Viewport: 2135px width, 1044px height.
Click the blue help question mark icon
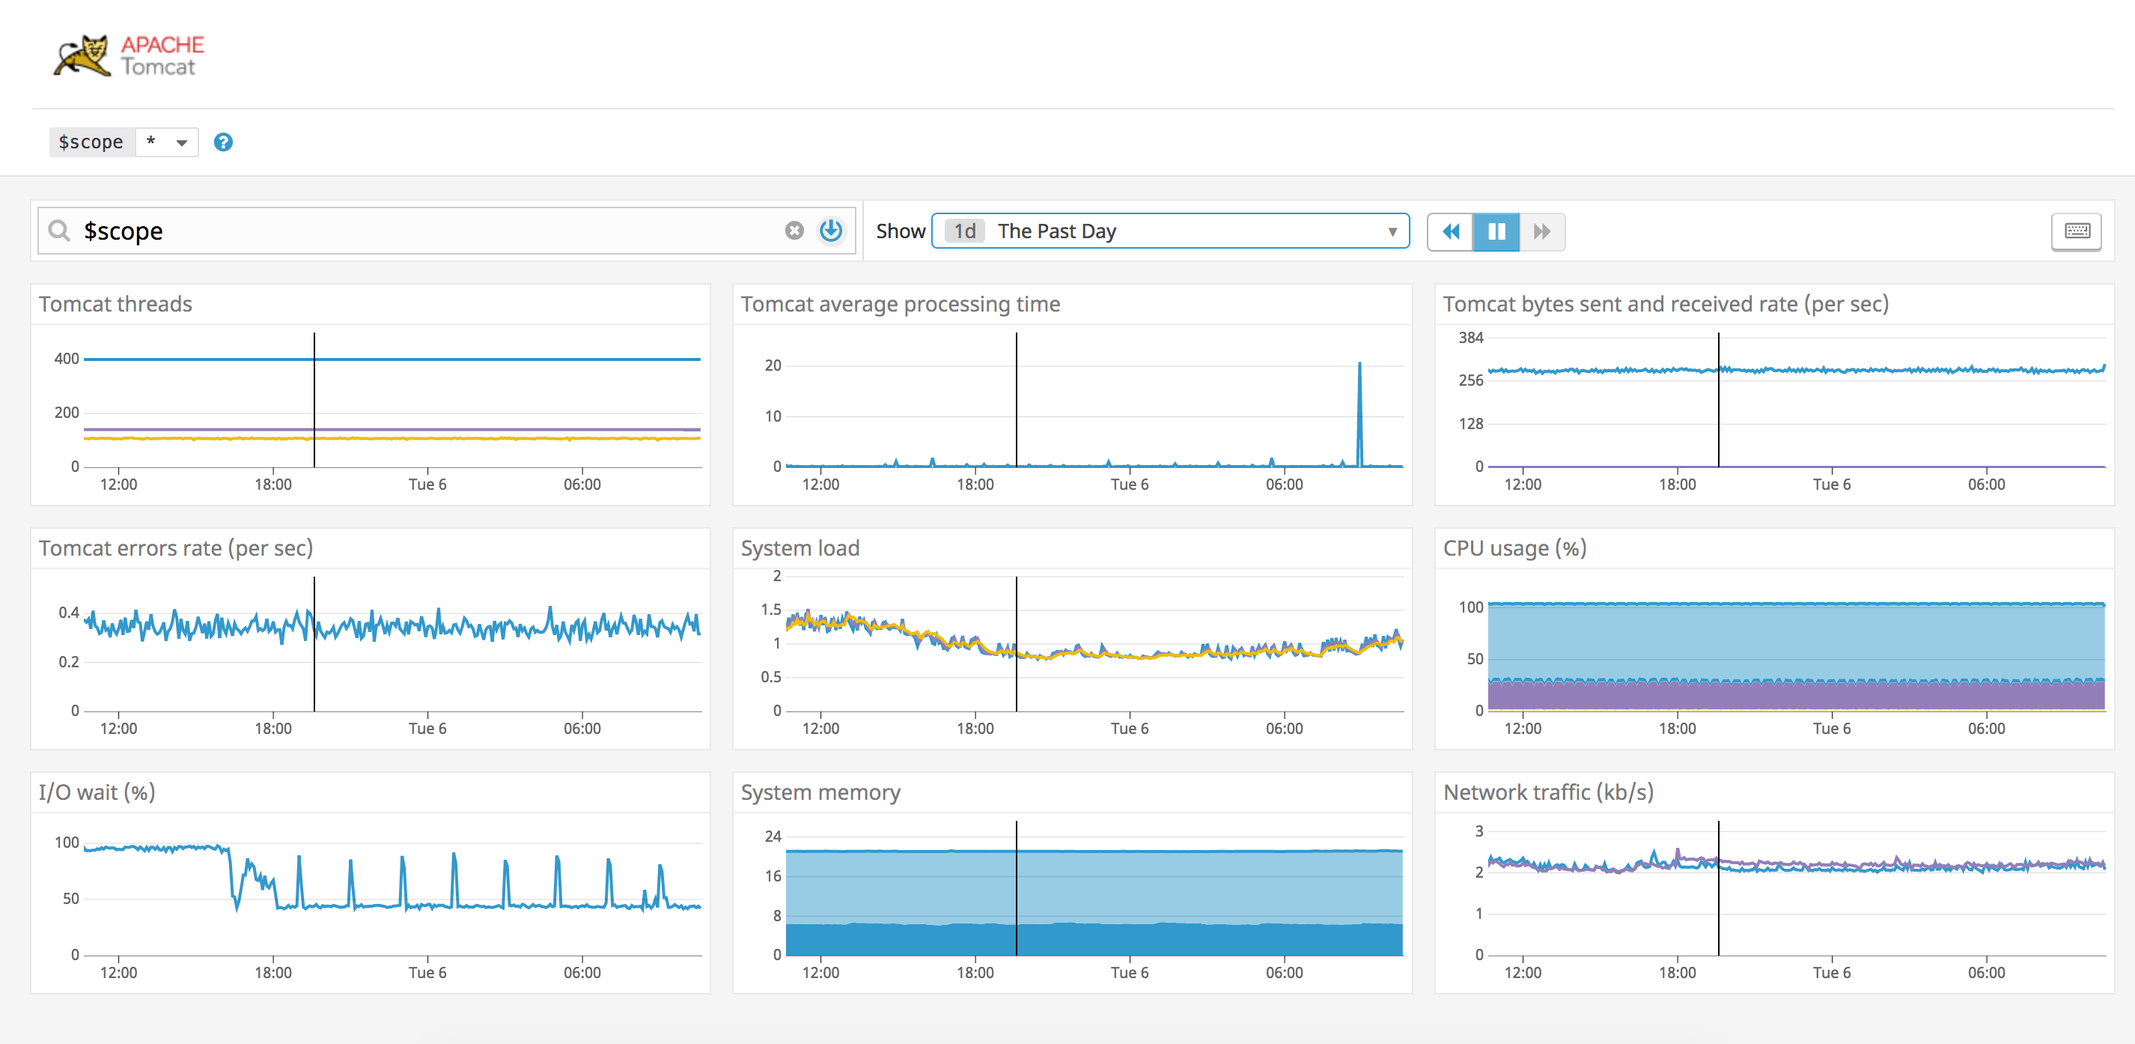coord(223,142)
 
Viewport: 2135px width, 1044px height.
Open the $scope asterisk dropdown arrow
coord(181,142)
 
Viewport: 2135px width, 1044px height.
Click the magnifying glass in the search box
coord(59,231)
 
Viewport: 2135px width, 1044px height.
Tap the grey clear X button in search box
coord(794,231)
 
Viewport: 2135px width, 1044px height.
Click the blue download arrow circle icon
coord(830,231)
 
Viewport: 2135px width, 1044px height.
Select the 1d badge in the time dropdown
coord(964,231)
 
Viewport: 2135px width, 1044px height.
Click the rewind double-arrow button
coord(1451,231)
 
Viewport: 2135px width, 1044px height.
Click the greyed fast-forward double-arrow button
coord(1541,231)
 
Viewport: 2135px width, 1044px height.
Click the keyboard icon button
coord(2076,231)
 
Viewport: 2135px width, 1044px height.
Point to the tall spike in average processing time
coord(1359,365)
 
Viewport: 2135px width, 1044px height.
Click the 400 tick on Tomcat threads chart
coord(67,359)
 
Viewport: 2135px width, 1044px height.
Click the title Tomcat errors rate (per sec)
coord(176,548)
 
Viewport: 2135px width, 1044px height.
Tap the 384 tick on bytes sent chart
coord(1470,338)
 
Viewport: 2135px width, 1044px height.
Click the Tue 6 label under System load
coord(1129,728)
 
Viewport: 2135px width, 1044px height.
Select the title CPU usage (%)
coord(1514,548)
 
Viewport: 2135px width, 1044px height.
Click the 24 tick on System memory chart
coord(773,836)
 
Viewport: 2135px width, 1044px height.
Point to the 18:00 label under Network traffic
coord(1677,972)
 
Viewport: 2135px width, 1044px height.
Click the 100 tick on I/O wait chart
coord(67,843)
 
